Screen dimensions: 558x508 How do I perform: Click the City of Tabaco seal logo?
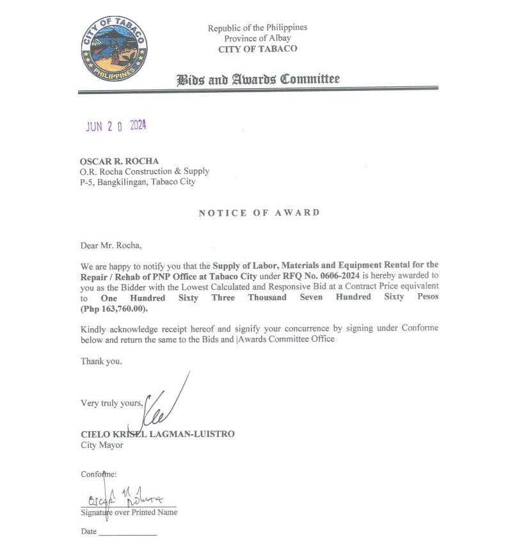coord(115,49)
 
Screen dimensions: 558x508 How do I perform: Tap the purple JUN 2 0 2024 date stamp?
coord(116,126)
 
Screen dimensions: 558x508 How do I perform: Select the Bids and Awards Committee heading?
coord(258,79)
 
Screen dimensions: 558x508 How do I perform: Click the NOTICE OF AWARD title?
coord(258,212)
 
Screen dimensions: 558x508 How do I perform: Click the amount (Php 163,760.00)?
coord(114,309)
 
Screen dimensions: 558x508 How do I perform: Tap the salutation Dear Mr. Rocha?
coord(109,244)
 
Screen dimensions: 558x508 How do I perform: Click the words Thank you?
coord(101,362)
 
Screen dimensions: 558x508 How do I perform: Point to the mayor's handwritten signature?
coord(160,403)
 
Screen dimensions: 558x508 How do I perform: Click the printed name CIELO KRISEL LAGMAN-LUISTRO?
coord(157,434)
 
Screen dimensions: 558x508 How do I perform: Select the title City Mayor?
coord(102,445)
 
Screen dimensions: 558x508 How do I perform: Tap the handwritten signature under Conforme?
coord(125,497)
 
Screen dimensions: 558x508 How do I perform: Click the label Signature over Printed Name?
coord(129,513)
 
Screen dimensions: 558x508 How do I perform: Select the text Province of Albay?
coord(257,38)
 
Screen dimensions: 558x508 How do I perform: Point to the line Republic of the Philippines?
coord(257,28)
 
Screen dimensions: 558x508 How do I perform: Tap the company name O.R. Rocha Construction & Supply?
coord(145,171)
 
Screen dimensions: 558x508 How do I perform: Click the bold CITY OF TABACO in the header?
coord(257,49)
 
